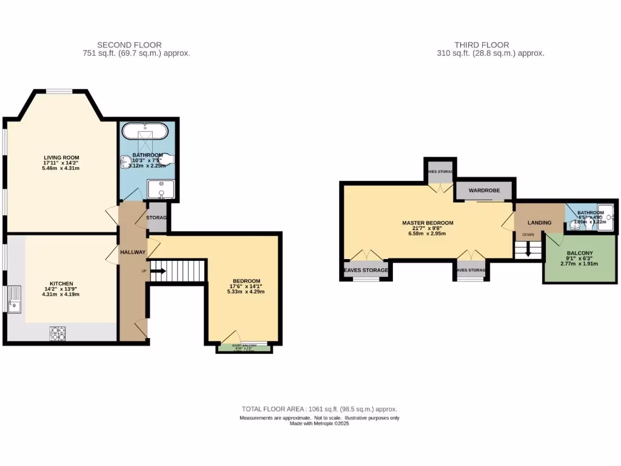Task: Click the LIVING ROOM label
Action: pos(61,158)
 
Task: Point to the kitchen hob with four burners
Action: pos(58,332)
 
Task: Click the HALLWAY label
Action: pos(133,252)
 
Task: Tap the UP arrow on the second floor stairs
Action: pos(156,271)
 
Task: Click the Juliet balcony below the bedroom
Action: pos(244,348)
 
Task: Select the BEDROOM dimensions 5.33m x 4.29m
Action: pos(245,292)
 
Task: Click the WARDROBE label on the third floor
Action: pos(484,191)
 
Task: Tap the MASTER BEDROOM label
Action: pos(428,223)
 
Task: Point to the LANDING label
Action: pos(539,223)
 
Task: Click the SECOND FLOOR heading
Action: pos(129,45)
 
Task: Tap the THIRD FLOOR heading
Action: pos(482,45)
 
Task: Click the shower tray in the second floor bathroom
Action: pos(161,190)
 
